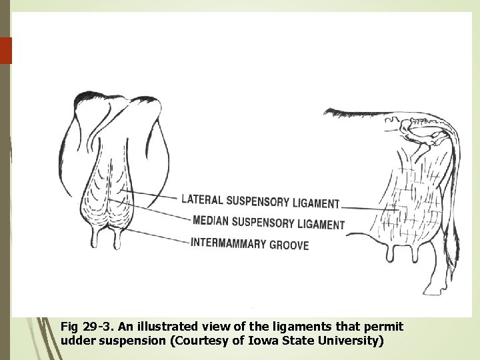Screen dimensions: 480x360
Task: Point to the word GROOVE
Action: click(x=289, y=245)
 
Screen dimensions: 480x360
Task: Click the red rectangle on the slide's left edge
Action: click(x=6, y=50)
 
